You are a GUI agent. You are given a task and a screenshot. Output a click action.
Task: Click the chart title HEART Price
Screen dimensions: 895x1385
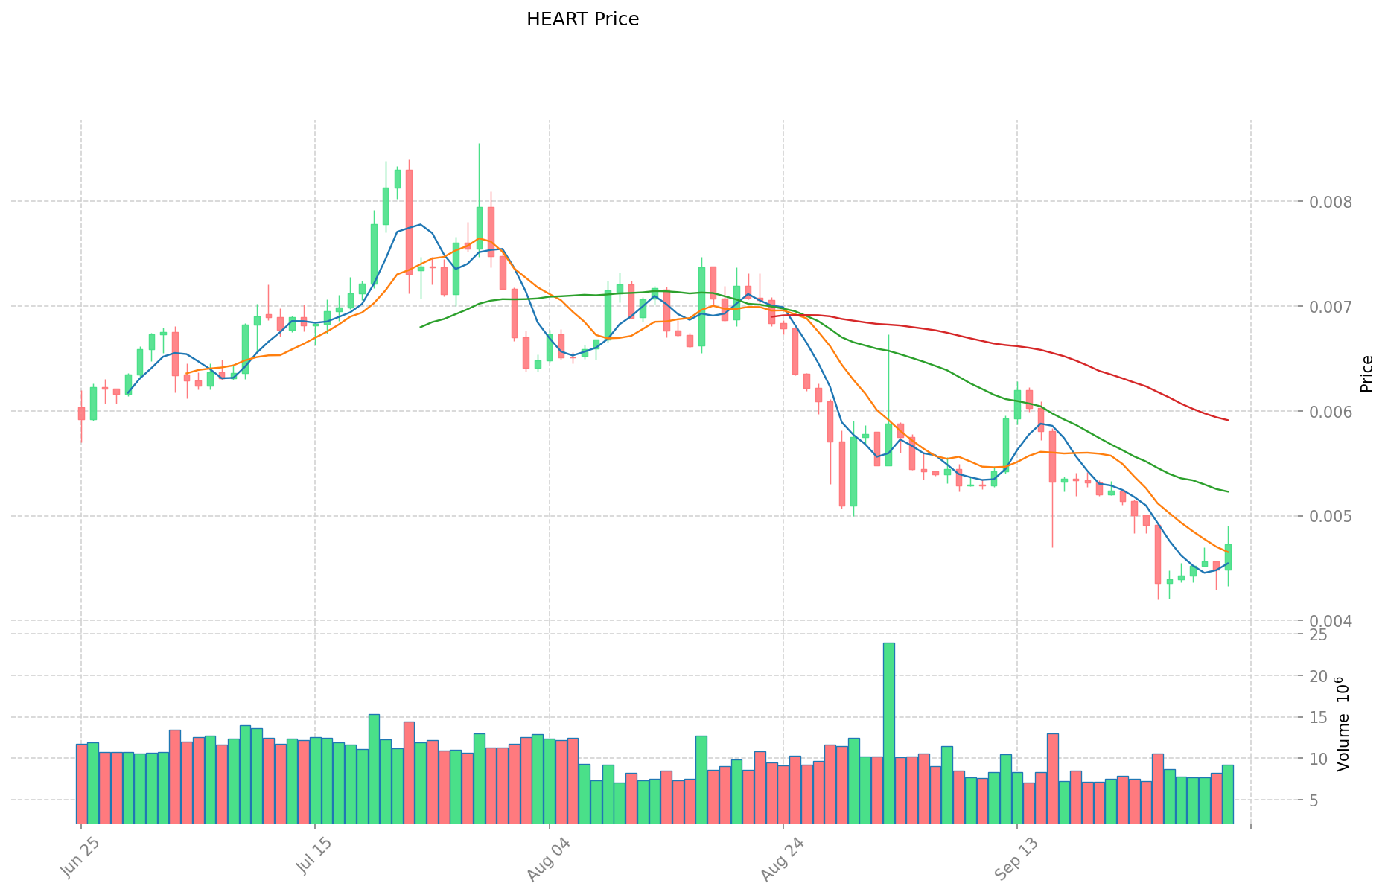pyautogui.click(x=582, y=19)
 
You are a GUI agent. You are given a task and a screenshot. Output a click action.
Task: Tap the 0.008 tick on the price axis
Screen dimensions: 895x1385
pyautogui.click(x=1325, y=202)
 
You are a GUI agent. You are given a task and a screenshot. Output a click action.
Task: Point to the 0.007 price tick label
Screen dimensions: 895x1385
pyautogui.click(x=1325, y=307)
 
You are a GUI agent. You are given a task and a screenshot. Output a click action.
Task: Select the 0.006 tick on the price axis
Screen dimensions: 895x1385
pyautogui.click(x=1325, y=412)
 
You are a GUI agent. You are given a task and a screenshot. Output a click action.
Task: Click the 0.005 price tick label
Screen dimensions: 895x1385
pyautogui.click(x=1325, y=517)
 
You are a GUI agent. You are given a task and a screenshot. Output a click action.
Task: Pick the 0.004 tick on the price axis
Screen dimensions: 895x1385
pyautogui.click(x=1325, y=621)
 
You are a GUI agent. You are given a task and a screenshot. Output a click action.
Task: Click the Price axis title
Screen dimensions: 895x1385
pyautogui.click(x=1366, y=374)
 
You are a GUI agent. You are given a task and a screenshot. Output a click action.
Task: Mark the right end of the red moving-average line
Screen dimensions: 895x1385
pyautogui.click(x=1228, y=420)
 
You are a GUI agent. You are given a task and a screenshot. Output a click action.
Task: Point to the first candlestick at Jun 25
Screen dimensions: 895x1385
pyautogui.click(x=81, y=413)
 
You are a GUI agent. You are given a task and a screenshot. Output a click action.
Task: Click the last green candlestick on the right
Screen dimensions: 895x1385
pyautogui.click(x=1228, y=557)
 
